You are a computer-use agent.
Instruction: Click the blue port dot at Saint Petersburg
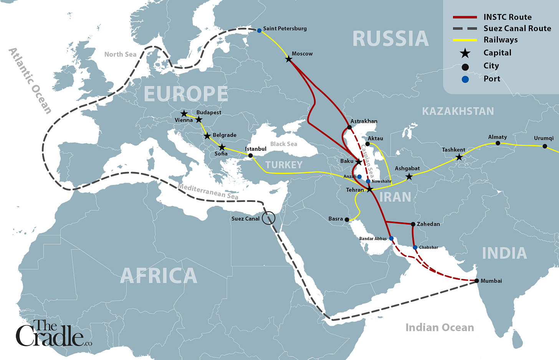(259, 30)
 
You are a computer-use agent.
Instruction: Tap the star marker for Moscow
(289, 59)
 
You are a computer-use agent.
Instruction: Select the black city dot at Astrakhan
(349, 127)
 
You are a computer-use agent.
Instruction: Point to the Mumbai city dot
(477, 281)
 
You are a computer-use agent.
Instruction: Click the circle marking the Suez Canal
(269, 218)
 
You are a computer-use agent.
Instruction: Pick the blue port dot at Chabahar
(415, 248)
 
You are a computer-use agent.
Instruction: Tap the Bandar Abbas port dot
(391, 238)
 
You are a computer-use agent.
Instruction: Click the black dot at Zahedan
(413, 224)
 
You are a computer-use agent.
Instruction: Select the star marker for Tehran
(369, 190)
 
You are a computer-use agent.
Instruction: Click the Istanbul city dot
(250, 156)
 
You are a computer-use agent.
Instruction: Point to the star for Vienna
(184, 114)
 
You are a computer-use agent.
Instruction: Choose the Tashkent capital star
(459, 157)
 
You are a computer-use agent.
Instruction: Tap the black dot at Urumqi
(544, 146)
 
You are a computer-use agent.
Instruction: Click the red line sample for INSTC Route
(465, 17)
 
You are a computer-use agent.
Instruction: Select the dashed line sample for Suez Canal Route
(465, 28)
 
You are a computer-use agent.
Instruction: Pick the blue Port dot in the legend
(465, 79)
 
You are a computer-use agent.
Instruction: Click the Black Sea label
(283, 144)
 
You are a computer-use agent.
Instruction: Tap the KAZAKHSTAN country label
(458, 111)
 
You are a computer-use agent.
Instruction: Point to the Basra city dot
(347, 220)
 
